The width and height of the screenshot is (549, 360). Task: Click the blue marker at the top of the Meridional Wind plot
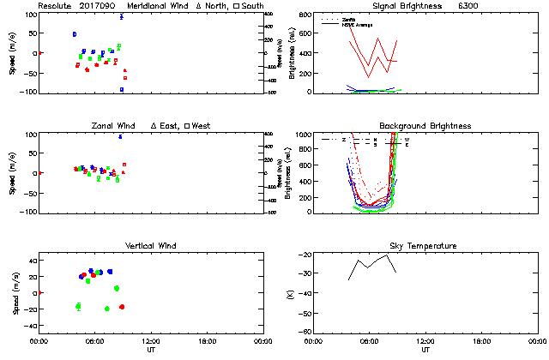[122, 16]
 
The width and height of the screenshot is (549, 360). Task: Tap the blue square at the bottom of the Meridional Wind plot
[122, 89]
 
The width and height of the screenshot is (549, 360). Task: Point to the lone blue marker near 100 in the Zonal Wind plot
[120, 136]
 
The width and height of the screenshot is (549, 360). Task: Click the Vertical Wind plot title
[149, 246]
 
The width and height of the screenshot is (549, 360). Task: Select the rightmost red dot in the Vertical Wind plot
[122, 307]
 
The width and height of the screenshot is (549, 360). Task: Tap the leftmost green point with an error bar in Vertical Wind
[78, 306]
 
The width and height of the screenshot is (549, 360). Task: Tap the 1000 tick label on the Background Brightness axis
[303, 135]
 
